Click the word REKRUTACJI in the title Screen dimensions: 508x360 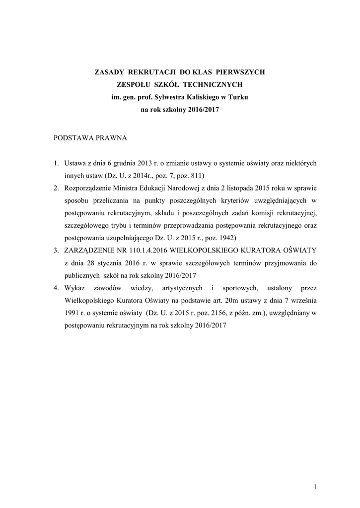pos(149,72)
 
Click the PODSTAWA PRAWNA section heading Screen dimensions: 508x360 pos(90,138)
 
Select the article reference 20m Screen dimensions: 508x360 pos(227,301)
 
